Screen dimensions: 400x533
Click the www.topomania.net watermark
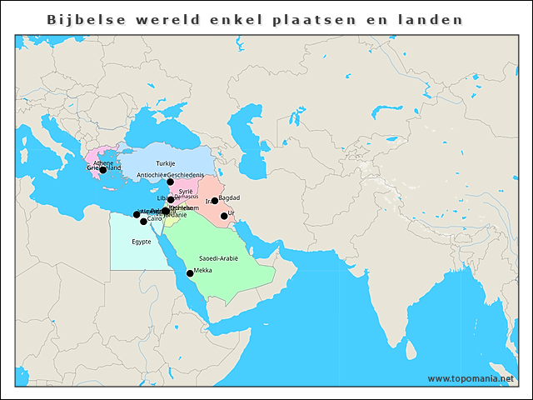[471, 378]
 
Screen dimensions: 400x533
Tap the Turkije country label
[166, 163]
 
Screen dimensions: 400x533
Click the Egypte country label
[142, 242]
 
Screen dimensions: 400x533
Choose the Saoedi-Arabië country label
[218, 258]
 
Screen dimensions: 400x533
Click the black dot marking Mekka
[190, 273]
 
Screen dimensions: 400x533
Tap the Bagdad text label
[229, 197]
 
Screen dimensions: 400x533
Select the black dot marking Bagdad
[215, 201]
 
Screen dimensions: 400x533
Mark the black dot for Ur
[224, 216]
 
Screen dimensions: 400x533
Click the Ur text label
[232, 213]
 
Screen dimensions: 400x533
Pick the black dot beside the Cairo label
[143, 222]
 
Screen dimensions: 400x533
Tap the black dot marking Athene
[102, 170]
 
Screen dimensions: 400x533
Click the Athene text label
[103, 162]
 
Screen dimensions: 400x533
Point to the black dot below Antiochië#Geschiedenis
[170, 182]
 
